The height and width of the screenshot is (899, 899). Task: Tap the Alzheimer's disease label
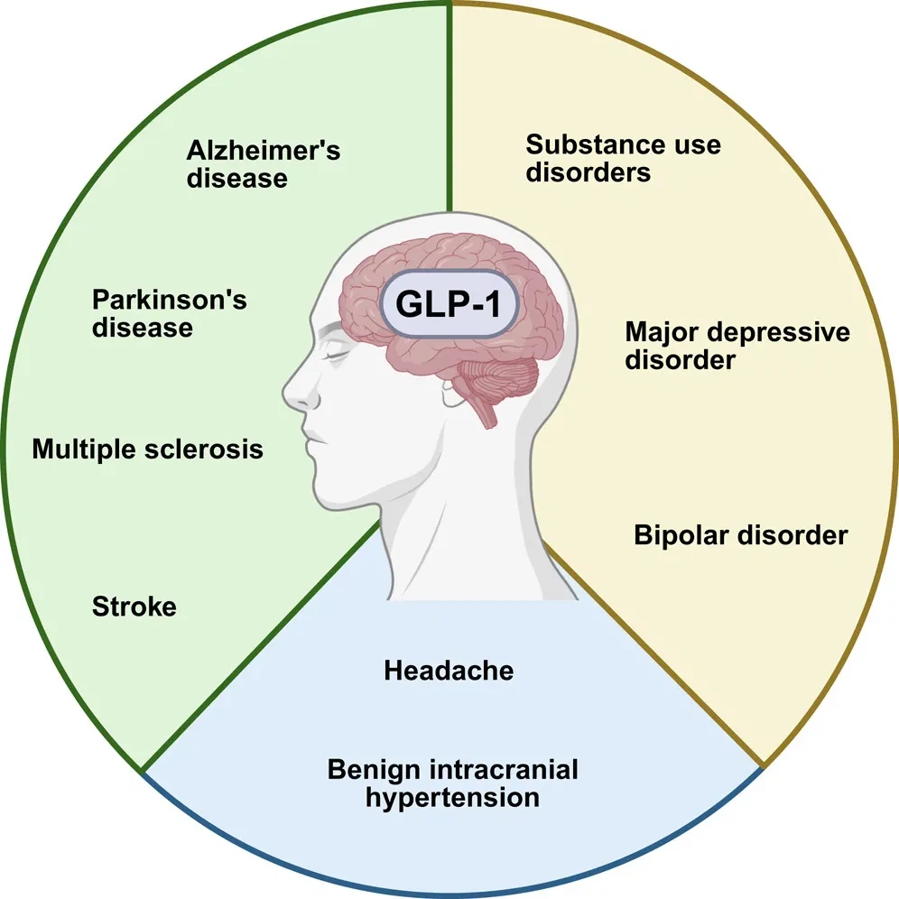coord(264,163)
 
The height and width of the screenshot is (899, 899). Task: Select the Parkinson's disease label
coord(170,312)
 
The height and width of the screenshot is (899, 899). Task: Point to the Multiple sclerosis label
coord(148,449)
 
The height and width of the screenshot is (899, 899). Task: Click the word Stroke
coord(134,607)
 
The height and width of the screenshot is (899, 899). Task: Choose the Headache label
coord(449,671)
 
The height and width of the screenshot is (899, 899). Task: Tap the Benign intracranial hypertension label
coord(452,783)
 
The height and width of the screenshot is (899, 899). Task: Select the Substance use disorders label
coord(624,158)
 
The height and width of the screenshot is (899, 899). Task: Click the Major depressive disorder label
coord(737,346)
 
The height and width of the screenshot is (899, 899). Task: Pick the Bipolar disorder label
coord(741,535)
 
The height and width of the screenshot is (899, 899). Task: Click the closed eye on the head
coord(336,355)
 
